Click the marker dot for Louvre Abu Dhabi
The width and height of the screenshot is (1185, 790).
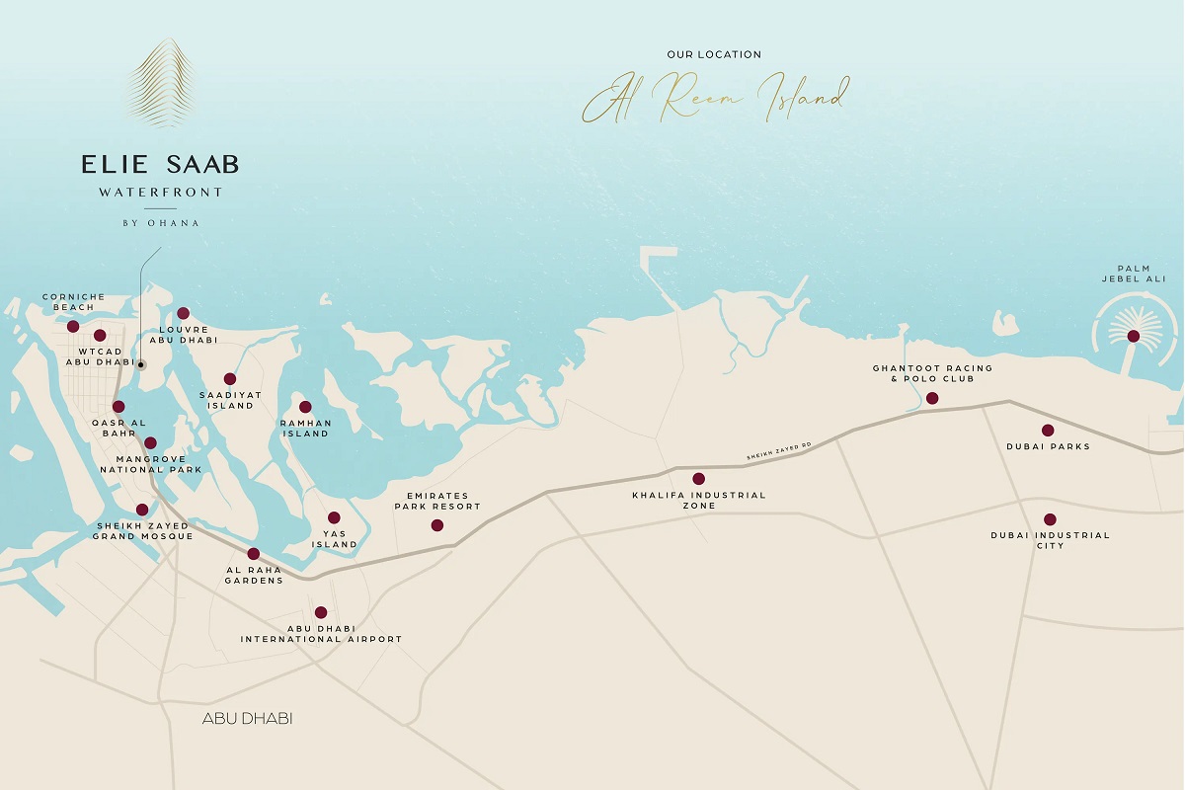(x=183, y=313)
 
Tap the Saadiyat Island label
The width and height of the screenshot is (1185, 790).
(x=229, y=399)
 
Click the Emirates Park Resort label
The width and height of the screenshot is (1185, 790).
(x=436, y=501)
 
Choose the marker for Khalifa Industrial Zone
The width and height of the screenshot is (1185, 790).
(x=699, y=479)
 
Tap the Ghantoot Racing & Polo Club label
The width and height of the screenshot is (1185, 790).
(x=931, y=373)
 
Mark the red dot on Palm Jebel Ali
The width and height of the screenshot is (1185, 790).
(x=1133, y=336)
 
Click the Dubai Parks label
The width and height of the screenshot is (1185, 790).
(x=1048, y=446)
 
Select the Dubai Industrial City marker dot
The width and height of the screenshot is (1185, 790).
(x=1050, y=519)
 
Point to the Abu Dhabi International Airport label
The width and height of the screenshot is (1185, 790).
(x=321, y=634)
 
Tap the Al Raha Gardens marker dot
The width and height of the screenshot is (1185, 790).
(x=254, y=554)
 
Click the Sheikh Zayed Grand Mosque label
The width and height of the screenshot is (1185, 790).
(x=141, y=531)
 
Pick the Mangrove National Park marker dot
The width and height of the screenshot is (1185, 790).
(x=150, y=443)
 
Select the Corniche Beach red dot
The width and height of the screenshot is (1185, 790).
(x=73, y=326)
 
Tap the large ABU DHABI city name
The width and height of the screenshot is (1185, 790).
(x=247, y=718)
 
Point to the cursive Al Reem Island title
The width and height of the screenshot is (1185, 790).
(x=713, y=98)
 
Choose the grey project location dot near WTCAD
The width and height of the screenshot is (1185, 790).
(x=141, y=364)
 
